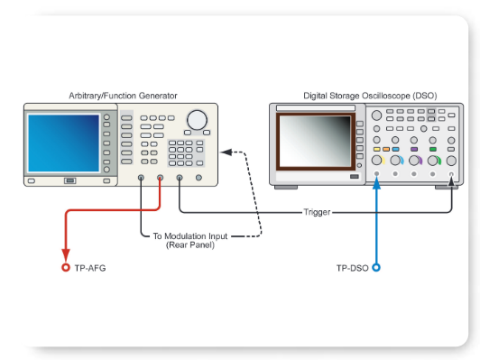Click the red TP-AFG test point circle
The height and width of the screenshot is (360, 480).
(65, 268)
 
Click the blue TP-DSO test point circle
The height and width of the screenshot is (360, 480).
(376, 268)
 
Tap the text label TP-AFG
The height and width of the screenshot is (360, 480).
(89, 268)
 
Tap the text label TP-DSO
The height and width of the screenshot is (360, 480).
(352, 268)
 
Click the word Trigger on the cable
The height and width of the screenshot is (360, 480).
(317, 212)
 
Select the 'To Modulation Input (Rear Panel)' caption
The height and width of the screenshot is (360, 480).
(190, 241)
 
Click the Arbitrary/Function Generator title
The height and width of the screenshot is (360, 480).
(123, 95)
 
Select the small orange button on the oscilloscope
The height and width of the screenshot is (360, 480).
(386, 149)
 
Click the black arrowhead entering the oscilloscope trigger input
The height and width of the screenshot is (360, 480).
(452, 184)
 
